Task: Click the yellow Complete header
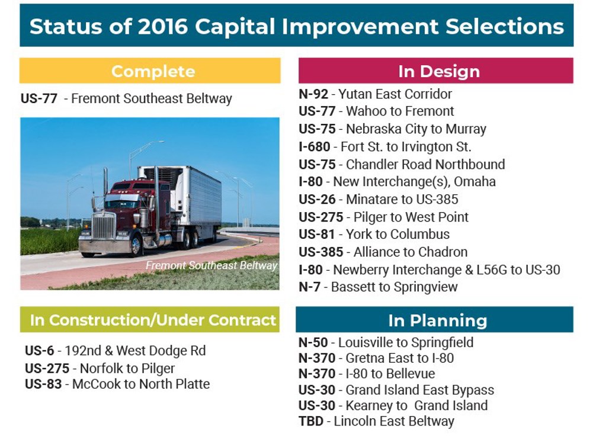pyautogui.click(x=153, y=71)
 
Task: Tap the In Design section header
pyautogui.click(x=438, y=71)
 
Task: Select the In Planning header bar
pyautogui.click(x=437, y=321)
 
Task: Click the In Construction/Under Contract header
pyautogui.click(x=153, y=320)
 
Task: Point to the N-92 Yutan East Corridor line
pyautogui.click(x=375, y=94)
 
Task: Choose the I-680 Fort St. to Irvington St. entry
pyautogui.click(x=384, y=146)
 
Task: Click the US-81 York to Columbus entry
pyautogui.click(x=374, y=234)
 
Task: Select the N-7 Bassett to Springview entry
pyautogui.click(x=378, y=287)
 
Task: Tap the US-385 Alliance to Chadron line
pyautogui.click(x=383, y=252)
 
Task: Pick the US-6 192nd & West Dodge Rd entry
pyautogui.click(x=115, y=351)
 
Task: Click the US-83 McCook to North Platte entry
pyautogui.click(x=117, y=384)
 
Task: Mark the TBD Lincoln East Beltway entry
pyautogui.click(x=376, y=422)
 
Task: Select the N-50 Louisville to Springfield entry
pyautogui.click(x=386, y=342)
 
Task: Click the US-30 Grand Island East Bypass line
pyautogui.click(x=396, y=390)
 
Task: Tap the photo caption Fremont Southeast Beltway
pyautogui.click(x=211, y=265)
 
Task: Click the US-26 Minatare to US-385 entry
pyautogui.click(x=378, y=199)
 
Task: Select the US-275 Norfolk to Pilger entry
pyautogui.click(x=100, y=368)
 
